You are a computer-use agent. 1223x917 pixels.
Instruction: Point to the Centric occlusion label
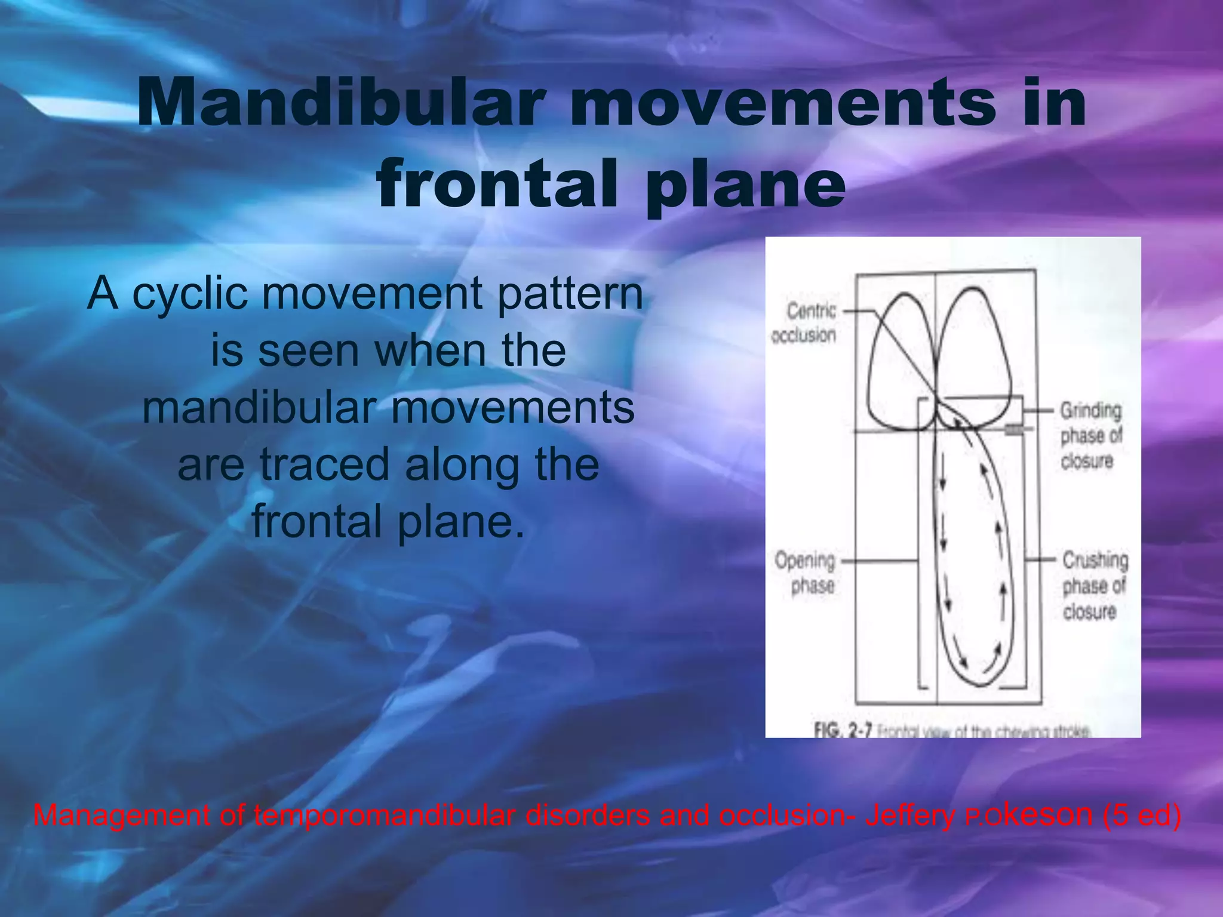pyautogui.click(x=804, y=323)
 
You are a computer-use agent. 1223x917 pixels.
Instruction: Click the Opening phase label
pyautogui.click(x=806, y=573)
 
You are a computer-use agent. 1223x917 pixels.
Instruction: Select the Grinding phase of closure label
pyautogui.click(x=1090, y=435)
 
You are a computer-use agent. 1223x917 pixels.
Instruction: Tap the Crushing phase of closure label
pyautogui.click(x=1094, y=585)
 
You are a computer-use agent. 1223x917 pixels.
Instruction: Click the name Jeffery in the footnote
pyautogui.click(x=910, y=816)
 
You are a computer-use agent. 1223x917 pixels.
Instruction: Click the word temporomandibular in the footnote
pyautogui.click(x=385, y=816)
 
